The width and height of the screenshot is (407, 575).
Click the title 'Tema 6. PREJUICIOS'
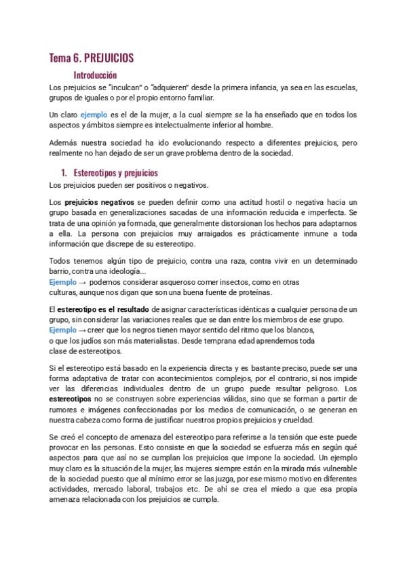(96, 59)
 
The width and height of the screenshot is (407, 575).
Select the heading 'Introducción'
(95, 75)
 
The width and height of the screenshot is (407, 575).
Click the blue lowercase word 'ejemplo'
(94, 116)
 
